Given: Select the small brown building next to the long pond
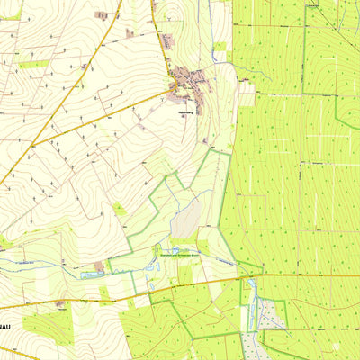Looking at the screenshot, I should tap(98, 266).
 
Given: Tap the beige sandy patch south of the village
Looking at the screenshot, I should tap(186, 219).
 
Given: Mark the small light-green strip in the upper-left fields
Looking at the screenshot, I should tap(33, 64).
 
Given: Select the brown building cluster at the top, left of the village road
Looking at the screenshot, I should tap(102, 15).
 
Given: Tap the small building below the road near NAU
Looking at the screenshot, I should tap(60, 303).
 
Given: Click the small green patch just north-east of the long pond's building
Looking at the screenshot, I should tap(118, 255).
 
